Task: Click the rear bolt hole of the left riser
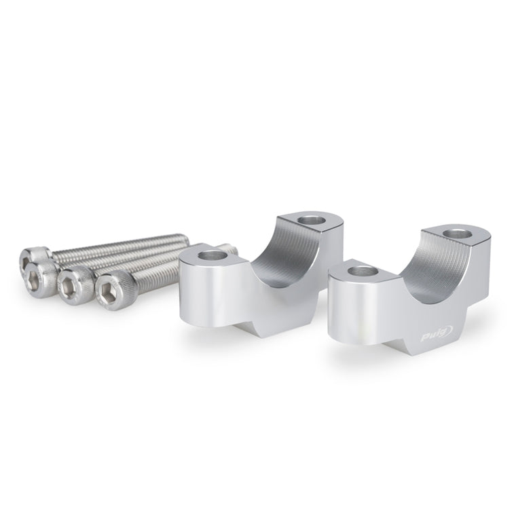[311, 219]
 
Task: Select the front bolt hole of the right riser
[361, 271]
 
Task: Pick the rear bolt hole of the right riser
[457, 234]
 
